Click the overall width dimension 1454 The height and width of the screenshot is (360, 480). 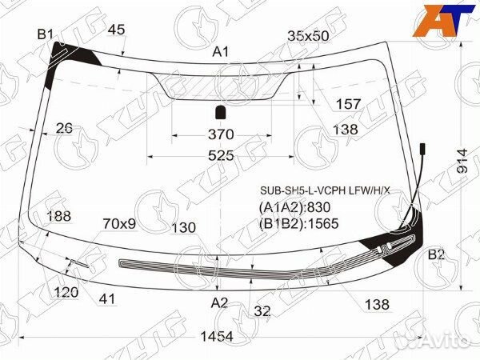click(x=217, y=337)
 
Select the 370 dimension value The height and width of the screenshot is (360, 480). click(x=221, y=134)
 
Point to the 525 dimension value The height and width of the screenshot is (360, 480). click(x=221, y=156)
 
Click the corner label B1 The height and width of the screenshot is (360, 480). click(x=46, y=34)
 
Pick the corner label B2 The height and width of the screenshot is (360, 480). click(x=436, y=254)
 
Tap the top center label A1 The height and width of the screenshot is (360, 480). click(x=221, y=52)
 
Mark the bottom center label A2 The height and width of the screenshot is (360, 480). click(x=219, y=302)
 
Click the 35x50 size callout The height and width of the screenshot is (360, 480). click(x=308, y=36)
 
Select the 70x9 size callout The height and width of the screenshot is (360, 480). click(x=119, y=224)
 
